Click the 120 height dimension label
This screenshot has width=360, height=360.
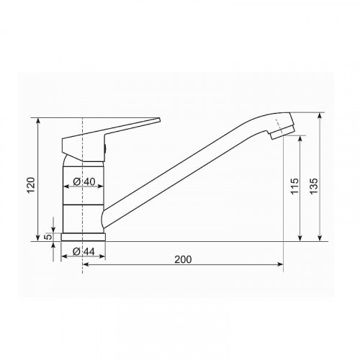point(31,185)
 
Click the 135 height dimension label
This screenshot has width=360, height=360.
point(314,186)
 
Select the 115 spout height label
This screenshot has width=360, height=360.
point(294,186)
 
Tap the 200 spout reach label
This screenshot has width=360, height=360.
point(183,259)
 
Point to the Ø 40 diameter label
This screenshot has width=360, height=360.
point(84,181)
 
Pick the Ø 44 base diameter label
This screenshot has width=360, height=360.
point(84,252)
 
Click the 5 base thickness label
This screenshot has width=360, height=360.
point(48,237)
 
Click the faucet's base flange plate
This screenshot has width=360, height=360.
point(84,237)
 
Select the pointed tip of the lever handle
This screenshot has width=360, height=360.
point(159,120)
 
